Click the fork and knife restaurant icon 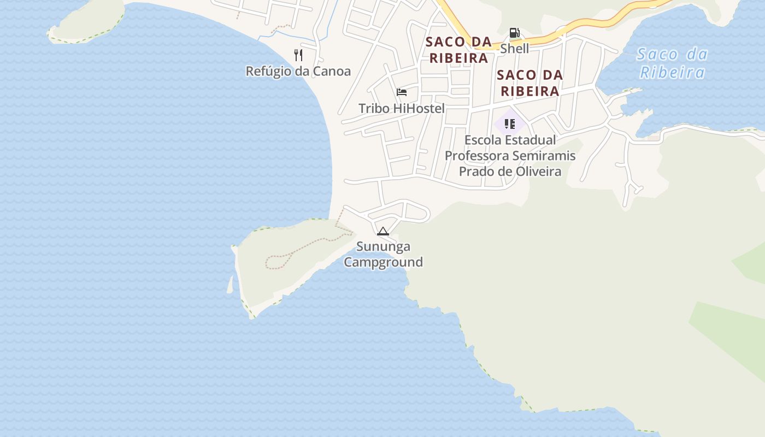(x=298, y=55)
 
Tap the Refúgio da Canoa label (x=298, y=71)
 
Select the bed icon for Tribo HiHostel (x=402, y=92)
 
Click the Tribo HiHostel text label (x=402, y=108)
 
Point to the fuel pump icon (x=514, y=33)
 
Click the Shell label (x=515, y=48)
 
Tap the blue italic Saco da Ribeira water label (x=672, y=63)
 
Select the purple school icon (x=510, y=124)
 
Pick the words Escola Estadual (x=510, y=140)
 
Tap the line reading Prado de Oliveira (x=510, y=172)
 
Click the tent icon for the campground (x=383, y=231)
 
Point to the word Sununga (x=383, y=246)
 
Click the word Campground (x=383, y=262)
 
